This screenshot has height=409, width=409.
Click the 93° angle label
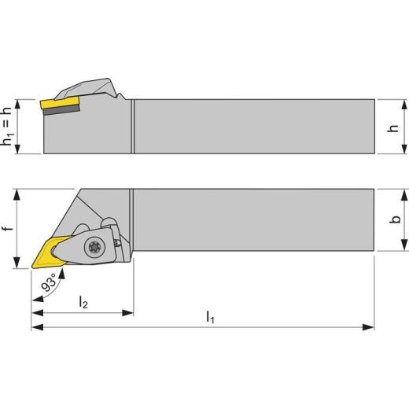[x=49, y=282]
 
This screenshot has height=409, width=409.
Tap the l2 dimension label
[x=83, y=302]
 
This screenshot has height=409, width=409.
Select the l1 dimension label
[x=210, y=317]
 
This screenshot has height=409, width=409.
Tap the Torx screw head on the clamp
[x=94, y=246]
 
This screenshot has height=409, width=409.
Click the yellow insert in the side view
[x=60, y=102]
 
